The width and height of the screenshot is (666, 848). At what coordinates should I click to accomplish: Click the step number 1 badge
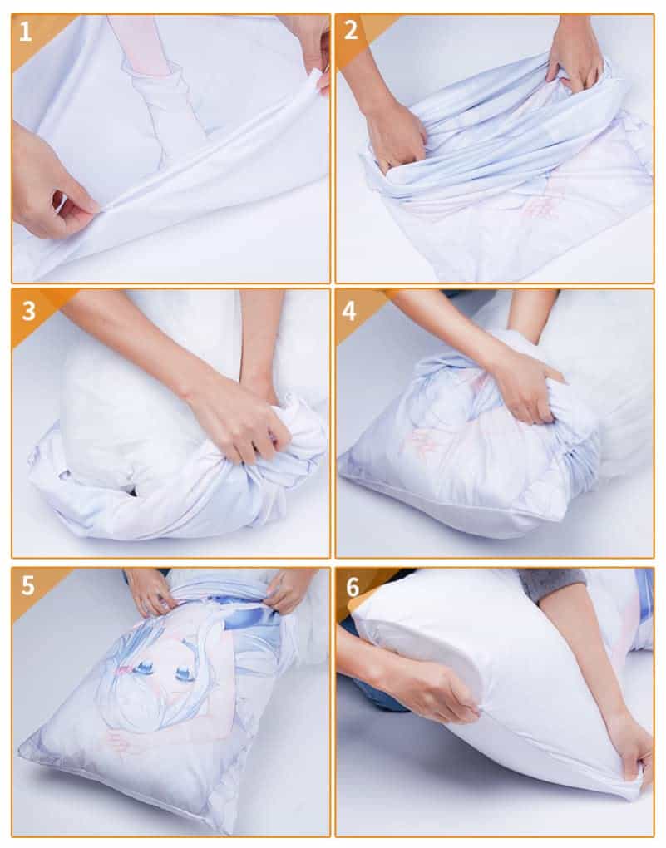(x=25, y=32)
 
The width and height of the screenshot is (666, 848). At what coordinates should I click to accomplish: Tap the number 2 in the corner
(x=351, y=31)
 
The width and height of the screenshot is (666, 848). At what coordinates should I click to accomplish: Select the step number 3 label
(x=28, y=310)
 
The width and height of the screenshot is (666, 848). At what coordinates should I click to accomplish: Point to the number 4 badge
(x=349, y=310)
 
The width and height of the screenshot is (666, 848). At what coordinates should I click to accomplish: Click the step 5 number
(x=28, y=585)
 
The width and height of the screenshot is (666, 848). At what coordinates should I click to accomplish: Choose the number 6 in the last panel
(x=353, y=586)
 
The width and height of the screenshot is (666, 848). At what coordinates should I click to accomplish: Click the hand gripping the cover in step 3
(x=237, y=416)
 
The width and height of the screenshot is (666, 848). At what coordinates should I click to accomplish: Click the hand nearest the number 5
(x=150, y=591)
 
